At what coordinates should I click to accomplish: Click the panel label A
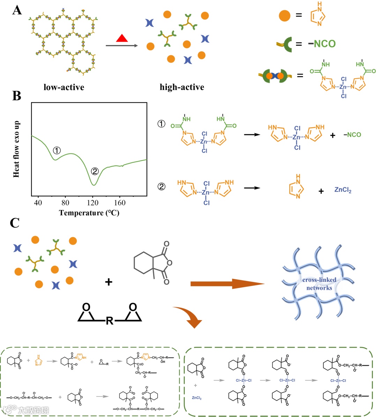pyautogui.click(x=17, y=10)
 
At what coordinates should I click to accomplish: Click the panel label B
pyautogui.click(x=16, y=95)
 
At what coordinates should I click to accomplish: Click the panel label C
pyautogui.click(x=15, y=222)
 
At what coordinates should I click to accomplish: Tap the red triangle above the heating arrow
pyautogui.click(x=122, y=38)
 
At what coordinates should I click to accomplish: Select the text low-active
pyautogui.click(x=64, y=87)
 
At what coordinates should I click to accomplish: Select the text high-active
pyautogui.click(x=182, y=87)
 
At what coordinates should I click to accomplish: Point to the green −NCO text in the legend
pyautogui.click(x=321, y=44)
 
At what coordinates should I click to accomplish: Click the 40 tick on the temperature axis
pyautogui.click(x=38, y=203)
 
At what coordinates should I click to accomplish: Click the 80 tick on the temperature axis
pyautogui.click(x=65, y=203)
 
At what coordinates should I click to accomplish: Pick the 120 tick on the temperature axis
pyautogui.click(x=93, y=203)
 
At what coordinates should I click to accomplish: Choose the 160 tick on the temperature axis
pyautogui.click(x=120, y=203)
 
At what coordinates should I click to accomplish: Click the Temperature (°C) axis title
pyautogui.click(x=89, y=213)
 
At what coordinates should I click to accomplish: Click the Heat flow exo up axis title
pyautogui.click(x=16, y=149)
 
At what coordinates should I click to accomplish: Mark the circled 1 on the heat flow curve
pyautogui.click(x=57, y=151)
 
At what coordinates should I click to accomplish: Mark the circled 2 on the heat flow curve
pyautogui.click(x=95, y=171)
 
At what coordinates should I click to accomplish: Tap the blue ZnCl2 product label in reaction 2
pyautogui.click(x=343, y=190)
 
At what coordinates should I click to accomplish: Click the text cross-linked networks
pyautogui.click(x=319, y=284)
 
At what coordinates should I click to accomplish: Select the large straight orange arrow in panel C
pyautogui.click(x=227, y=284)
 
